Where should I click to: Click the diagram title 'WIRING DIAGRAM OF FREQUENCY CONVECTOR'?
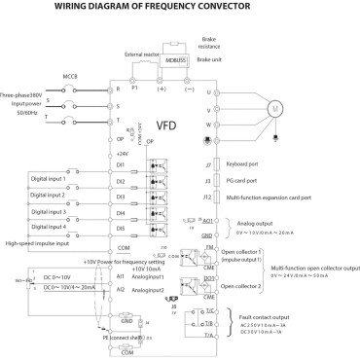tap(179, 8)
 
